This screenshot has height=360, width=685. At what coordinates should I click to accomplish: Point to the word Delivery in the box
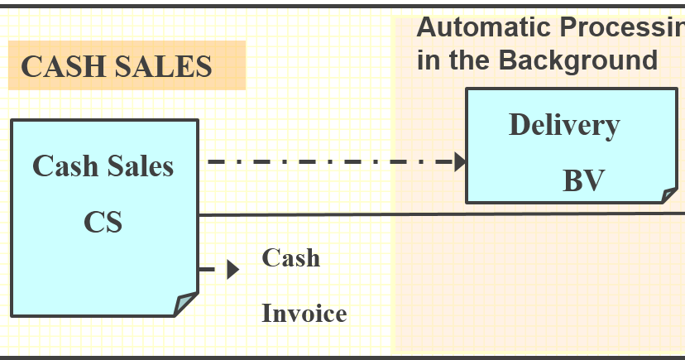(563, 125)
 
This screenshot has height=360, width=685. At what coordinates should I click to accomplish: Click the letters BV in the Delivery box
(584, 180)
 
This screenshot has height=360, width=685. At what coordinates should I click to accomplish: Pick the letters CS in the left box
(103, 222)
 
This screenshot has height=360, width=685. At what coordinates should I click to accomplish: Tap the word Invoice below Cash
(304, 314)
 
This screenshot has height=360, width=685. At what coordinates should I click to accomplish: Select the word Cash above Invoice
(290, 257)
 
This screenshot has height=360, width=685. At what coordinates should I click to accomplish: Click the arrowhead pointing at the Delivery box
(461, 161)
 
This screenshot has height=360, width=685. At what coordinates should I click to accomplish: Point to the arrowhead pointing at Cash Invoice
(233, 269)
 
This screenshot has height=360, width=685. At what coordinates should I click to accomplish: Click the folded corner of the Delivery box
(669, 195)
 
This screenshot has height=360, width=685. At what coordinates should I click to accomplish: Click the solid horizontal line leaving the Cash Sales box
(438, 214)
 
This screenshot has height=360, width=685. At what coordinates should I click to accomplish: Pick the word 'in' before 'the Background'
(428, 60)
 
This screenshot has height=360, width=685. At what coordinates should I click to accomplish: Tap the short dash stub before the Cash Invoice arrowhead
(208, 269)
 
